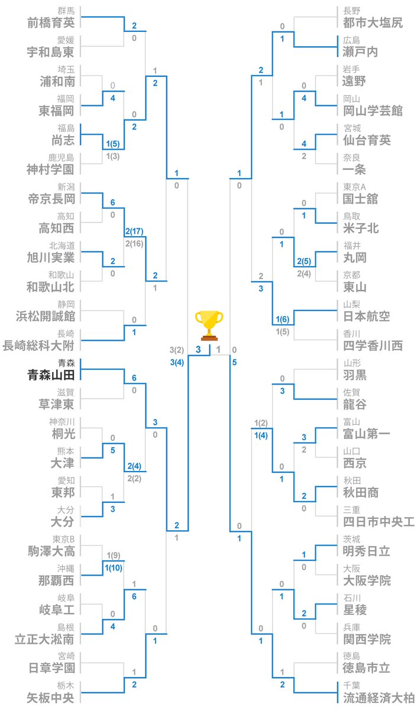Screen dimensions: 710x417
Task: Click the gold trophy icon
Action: click(x=209, y=325)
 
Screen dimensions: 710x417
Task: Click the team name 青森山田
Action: click(x=51, y=375)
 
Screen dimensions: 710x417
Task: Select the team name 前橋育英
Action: click(x=51, y=22)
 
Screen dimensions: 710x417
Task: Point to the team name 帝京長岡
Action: click(x=51, y=199)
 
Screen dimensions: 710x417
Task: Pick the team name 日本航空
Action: click(x=366, y=316)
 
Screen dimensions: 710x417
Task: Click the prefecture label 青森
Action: click(x=66, y=363)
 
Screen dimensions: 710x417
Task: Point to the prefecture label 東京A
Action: click(x=355, y=187)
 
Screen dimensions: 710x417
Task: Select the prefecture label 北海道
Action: click(x=62, y=246)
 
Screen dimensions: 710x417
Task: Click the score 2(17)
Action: click(x=135, y=231)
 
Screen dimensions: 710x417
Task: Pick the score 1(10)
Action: click(x=114, y=568)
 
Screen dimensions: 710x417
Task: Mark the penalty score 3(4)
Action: click(x=176, y=362)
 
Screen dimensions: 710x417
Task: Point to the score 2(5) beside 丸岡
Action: click(x=304, y=260)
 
